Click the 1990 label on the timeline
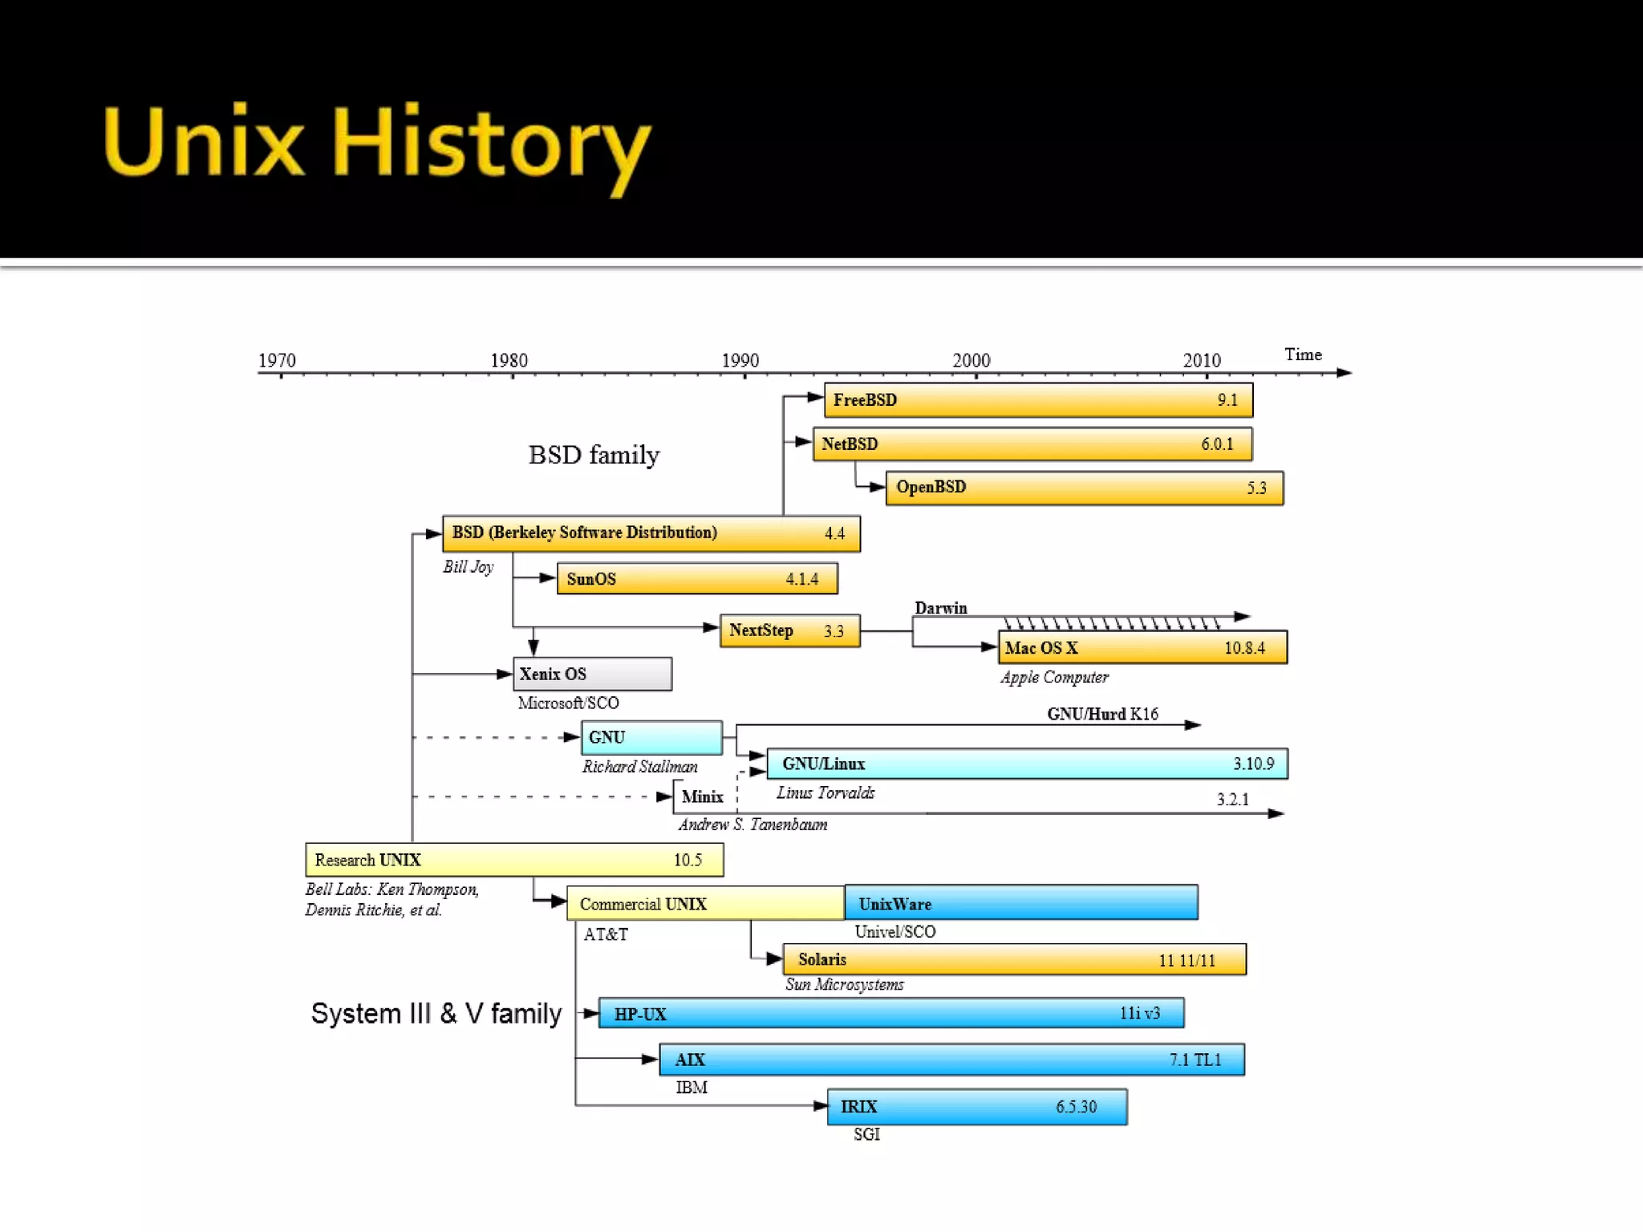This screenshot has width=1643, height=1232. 740,360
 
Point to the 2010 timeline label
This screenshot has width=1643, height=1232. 1202,360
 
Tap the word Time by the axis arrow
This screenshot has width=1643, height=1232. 1303,355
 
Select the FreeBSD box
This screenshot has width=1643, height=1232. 1038,400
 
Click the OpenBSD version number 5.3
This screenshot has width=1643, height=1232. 1256,488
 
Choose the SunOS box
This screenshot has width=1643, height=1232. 697,578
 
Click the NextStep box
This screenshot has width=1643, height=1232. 789,630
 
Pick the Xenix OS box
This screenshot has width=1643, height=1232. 593,674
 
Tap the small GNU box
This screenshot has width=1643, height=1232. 651,737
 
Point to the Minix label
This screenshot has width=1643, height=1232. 702,796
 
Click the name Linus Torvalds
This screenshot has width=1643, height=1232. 826,792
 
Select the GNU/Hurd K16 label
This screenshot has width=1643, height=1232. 1102,714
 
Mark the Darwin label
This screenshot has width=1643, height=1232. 941,608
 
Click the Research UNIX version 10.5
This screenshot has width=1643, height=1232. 688,860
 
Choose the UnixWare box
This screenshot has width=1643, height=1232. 1020,903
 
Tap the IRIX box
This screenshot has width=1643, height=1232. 977,1107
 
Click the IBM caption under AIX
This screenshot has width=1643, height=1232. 692,1088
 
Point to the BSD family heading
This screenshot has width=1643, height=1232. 594,455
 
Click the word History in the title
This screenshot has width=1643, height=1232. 491,144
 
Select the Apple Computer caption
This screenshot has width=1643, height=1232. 1054,677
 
